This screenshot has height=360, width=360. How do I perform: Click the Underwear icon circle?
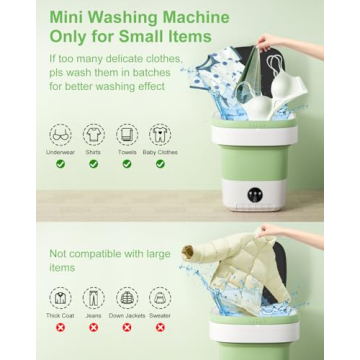(x=61, y=133)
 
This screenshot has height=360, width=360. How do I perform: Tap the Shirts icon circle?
(x=94, y=133)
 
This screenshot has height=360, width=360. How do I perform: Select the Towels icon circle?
(x=127, y=133)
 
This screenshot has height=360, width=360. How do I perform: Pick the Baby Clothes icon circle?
(x=160, y=133)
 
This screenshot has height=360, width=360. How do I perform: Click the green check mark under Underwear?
(x=61, y=164)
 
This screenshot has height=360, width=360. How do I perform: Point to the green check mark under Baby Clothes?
(x=160, y=164)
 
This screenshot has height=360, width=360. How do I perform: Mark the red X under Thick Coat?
(x=61, y=327)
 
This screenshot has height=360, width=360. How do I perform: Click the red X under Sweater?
(x=160, y=327)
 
